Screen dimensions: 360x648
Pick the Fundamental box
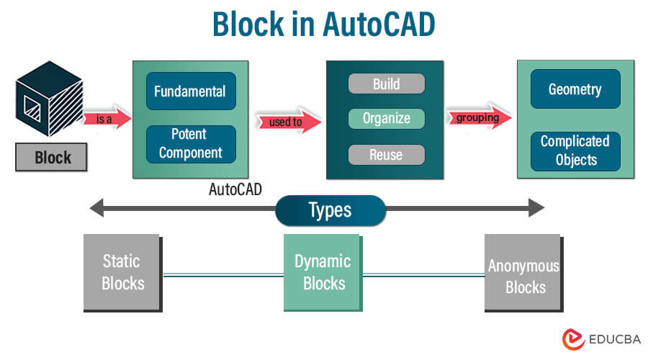point(190,91)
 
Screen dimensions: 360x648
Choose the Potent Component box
point(190,143)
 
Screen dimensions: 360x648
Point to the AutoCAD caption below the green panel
point(235,190)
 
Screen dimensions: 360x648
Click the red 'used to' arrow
point(287,122)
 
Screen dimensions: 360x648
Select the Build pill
point(387,84)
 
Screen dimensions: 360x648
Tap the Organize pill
point(387,119)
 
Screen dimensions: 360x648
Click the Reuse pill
point(387,154)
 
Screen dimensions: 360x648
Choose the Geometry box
point(575,89)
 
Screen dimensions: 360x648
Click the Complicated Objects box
point(575,150)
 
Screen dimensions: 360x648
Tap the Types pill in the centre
point(330,210)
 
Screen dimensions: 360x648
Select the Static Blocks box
point(123,272)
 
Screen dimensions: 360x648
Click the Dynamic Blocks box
point(323,272)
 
